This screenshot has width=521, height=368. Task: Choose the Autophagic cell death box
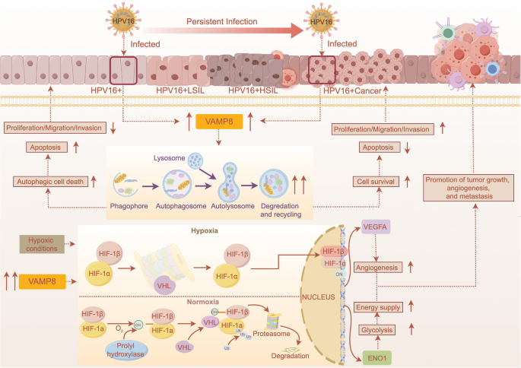click(x=51, y=181)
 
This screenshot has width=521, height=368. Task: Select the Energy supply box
click(x=378, y=307)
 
